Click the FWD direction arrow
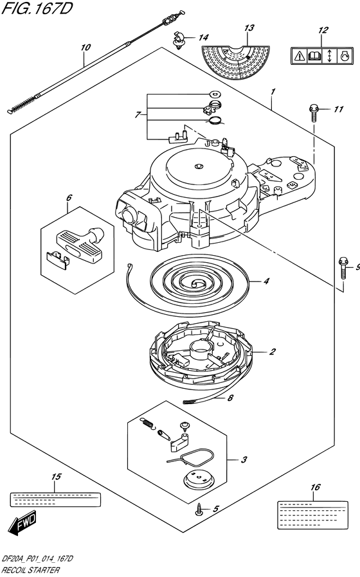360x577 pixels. [22, 522]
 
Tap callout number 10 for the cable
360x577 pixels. [85, 48]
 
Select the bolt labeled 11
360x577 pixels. [314, 112]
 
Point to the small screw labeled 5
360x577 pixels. [199, 510]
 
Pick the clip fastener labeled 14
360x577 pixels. [179, 39]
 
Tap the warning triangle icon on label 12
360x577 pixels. [298, 56]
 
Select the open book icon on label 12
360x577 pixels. [314, 56]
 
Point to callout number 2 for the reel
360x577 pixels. [272, 352]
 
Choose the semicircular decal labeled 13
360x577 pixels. [235, 62]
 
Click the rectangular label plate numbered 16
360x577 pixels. [312, 515]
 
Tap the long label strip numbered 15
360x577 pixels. [55, 499]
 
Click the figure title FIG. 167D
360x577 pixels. [37, 8]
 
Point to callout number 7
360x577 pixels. [138, 115]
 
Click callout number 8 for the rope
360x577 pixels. [230, 398]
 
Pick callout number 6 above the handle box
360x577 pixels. [69, 198]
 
